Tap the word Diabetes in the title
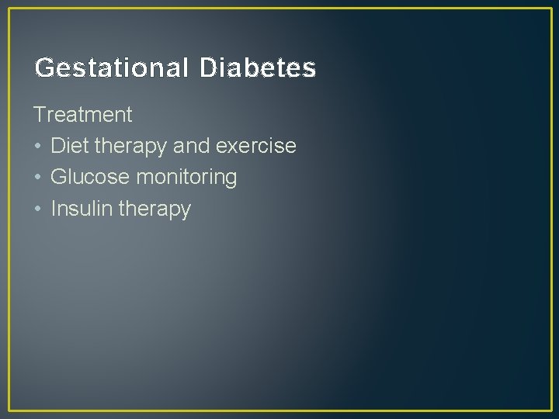pyautogui.click(x=258, y=68)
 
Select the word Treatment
pyautogui.click(x=83, y=115)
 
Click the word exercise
pyautogui.click(x=255, y=146)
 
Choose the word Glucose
pyautogui.click(x=90, y=177)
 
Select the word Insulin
pyautogui.click(x=82, y=208)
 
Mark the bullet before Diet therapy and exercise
pyautogui.click(x=38, y=147)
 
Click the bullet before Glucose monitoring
pyautogui.click(x=38, y=178)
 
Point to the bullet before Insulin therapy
pyautogui.click(x=38, y=209)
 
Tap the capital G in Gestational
pyautogui.click(x=43, y=68)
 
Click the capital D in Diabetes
pyautogui.click(x=207, y=68)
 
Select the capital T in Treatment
pyautogui.click(x=40, y=115)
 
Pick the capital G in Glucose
pyautogui.click(x=58, y=177)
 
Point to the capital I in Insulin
pyautogui.click(x=53, y=208)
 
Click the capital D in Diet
pyautogui.click(x=57, y=146)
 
